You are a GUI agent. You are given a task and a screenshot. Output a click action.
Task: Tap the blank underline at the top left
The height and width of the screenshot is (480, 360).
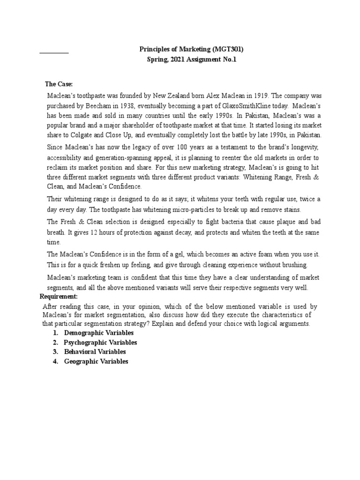tap(53, 52)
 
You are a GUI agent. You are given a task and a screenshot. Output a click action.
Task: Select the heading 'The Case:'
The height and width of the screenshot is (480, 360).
tap(59, 84)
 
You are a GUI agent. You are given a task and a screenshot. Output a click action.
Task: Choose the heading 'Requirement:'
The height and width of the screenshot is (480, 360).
tap(59, 297)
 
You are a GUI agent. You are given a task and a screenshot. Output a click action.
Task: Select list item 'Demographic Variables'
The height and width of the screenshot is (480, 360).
tap(95, 332)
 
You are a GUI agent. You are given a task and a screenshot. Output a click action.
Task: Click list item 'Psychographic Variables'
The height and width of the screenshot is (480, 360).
tap(100, 342)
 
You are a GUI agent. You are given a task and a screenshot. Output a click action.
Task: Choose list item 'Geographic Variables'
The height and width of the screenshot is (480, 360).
tap(96, 361)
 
